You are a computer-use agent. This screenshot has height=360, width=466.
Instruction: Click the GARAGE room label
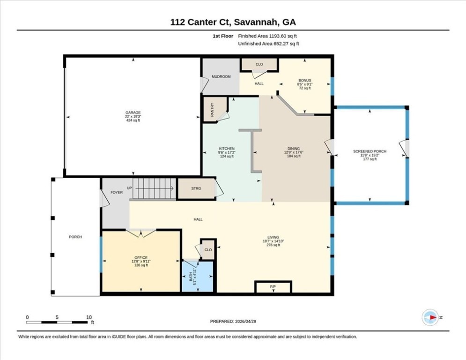pos(133,113)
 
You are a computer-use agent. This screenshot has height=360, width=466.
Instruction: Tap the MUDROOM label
pos(221,76)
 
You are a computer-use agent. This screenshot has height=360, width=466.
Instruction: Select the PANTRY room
pos(215,109)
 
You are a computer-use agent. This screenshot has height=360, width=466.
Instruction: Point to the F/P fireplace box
pos(273,287)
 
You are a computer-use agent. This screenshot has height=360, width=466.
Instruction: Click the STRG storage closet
pos(196,188)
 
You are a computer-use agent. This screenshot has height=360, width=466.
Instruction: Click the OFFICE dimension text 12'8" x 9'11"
pos(141,262)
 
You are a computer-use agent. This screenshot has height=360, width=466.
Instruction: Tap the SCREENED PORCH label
pos(370,151)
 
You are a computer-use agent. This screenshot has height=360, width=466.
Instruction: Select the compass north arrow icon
pos(430,317)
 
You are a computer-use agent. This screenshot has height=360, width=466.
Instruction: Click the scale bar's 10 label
pos(89,317)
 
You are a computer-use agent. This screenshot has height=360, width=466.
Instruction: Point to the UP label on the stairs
pos(129,188)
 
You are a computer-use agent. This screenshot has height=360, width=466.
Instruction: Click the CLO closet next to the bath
pos(208,249)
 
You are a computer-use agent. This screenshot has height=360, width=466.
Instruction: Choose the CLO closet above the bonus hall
pos(259,64)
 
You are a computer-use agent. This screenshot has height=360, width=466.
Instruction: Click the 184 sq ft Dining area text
pos(294,156)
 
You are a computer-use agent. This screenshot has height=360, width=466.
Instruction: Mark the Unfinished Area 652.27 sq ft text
pos(269,44)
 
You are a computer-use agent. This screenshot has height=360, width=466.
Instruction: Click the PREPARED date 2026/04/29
pos(245,321)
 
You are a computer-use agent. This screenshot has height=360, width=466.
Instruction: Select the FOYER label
pos(117,193)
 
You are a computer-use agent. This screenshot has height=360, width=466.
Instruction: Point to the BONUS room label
pos(305,80)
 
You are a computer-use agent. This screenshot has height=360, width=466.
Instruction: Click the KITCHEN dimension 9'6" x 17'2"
pos(227,152)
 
